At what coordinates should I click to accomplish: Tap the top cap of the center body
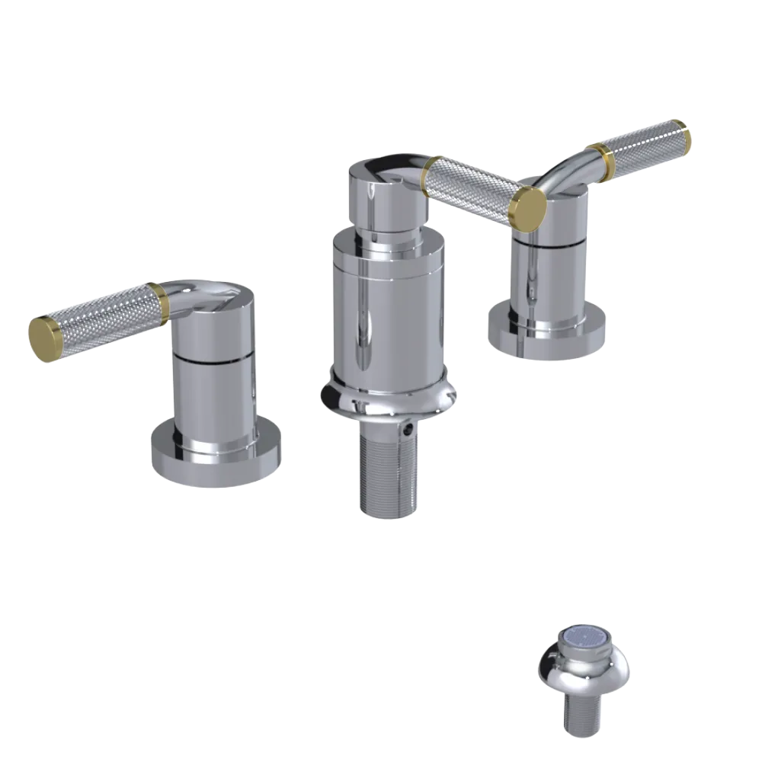coord(381,190)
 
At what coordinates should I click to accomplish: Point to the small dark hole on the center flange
coord(412,431)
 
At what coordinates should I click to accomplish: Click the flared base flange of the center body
coord(389,400)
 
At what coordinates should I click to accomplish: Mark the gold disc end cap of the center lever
coord(528,206)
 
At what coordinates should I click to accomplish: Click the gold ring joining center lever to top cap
coord(429,175)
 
